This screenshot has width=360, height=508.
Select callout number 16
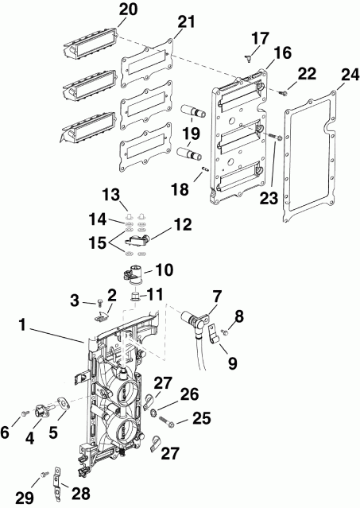coord(261,53)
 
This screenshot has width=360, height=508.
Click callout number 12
coord(183,227)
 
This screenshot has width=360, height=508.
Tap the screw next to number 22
coord(282,94)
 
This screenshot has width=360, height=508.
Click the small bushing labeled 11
coord(135,296)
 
